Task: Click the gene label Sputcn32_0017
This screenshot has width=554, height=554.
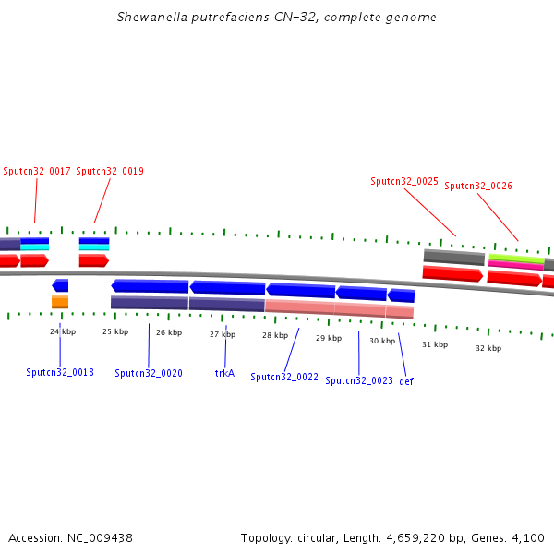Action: [x=37, y=171]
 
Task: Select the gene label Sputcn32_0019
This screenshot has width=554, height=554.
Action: [x=110, y=171]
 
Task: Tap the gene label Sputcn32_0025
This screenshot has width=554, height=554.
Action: [x=404, y=182]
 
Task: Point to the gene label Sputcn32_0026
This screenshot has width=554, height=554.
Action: [x=478, y=186]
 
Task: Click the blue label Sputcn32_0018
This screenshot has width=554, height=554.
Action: [x=60, y=373]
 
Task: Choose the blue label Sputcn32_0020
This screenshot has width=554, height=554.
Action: [x=149, y=374]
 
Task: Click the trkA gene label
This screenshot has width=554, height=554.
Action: [x=224, y=374]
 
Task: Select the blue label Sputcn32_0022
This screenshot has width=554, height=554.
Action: [x=284, y=377]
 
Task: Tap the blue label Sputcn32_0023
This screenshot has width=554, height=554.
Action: [x=359, y=380]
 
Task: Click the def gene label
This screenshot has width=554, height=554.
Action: [x=406, y=380]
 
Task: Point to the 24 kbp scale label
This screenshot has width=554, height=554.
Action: [x=63, y=331]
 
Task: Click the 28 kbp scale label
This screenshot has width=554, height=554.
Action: [x=275, y=335]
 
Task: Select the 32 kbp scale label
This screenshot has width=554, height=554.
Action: [x=488, y=348]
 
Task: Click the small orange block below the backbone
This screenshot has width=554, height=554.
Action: [x=60, y=302]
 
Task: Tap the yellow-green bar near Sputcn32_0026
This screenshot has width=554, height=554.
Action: [x=516, y=258]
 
